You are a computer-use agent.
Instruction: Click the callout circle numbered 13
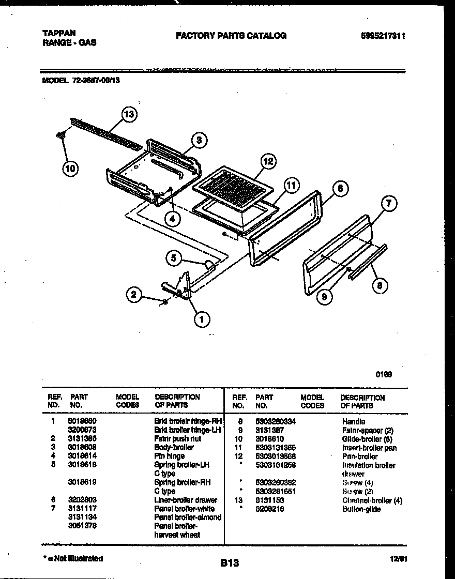click(x=129, y=114)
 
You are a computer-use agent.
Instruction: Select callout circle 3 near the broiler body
click(x=199, y=140)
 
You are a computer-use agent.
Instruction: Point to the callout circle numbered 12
click(x=267, y=161)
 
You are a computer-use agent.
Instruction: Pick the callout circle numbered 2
click(x=134, y=295)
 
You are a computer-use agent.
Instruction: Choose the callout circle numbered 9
click(x=325, y=297)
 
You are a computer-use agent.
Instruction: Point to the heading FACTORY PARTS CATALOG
click(x=231, y=36)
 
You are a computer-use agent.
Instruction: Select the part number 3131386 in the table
click(x=82, y=438)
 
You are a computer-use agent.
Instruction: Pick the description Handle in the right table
click(x=353, y=421)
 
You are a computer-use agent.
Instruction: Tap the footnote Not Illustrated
click(x=74, y=558)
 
